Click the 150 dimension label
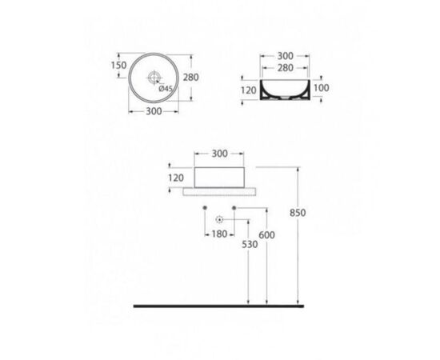tap(119, 66)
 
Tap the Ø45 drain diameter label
tap(166, 89)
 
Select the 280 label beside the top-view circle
tap(191, 77)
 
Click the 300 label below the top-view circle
tap(154, 111)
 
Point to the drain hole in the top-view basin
tap(154, 77)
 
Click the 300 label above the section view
tap(286, 56)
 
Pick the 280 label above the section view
tap(286, 68)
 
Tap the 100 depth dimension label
tap(322, 88)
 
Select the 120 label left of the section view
tap(249, 90)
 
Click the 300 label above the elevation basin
tap(219, 154)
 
